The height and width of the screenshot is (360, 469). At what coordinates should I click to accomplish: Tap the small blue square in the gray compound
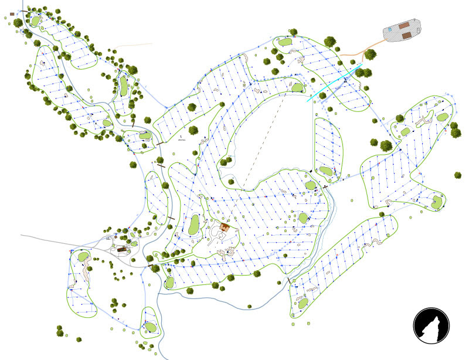[x=390, y=28]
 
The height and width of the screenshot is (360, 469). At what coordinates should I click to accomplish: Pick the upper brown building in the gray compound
[x=405, y=26]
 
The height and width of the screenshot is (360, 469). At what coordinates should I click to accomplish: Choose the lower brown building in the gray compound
[x=406, y=35]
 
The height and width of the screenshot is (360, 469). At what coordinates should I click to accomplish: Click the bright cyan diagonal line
[x=334, y=84]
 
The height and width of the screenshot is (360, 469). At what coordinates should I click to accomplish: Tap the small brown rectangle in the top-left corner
[x=12, y=13]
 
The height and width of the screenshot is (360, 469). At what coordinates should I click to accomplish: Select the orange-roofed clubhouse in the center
[x=224, y=226]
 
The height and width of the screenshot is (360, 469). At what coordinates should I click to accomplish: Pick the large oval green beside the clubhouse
[x=193, y=224]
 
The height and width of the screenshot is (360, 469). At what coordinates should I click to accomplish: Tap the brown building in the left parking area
[x=123, y=250]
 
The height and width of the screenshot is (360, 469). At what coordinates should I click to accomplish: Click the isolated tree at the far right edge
[x=458, y=175]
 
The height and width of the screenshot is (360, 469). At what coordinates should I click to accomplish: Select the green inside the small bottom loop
[x=150, y=327]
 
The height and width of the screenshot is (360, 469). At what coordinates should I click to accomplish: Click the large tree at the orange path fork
[x=370, y=55]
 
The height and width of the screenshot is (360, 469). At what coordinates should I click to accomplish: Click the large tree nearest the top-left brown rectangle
[x=18, y=23]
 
